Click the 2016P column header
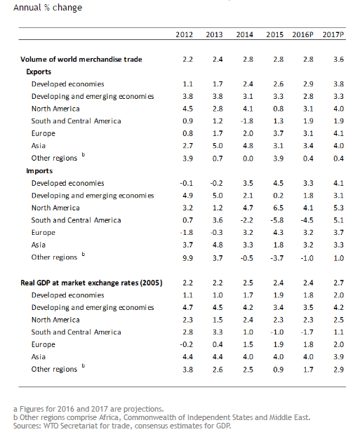coord(302,34)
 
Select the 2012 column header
coord(184,34)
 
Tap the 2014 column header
coord(244,34)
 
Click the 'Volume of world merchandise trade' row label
coord(81,60)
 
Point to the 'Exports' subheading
coord(39,72)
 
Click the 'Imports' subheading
coord(39,171)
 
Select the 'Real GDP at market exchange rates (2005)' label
coord(91,283)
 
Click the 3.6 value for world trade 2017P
coord(338,60)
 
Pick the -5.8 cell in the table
coord(276,220)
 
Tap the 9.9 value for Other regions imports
coord(187,258)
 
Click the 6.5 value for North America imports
coord(278,208)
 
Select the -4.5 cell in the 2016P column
coord(307,220)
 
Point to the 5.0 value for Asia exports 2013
coord(218,146)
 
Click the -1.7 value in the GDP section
coord(307,332)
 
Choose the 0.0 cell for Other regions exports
coord(248,158)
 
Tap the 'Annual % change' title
coord(48,8)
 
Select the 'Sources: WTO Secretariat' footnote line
coord(122,426)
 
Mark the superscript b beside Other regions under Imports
coord(84,255)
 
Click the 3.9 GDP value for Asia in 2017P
coord(338,357)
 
